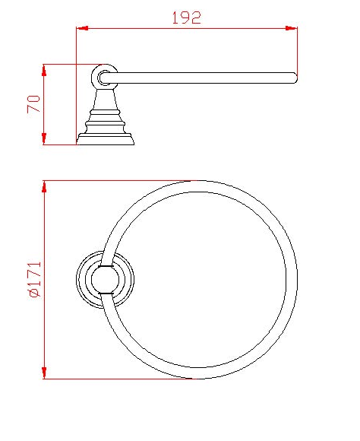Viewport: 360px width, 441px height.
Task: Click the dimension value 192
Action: point(187,17)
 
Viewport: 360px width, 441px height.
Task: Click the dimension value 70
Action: point(33,104)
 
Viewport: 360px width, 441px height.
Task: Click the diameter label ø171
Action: point(35,279)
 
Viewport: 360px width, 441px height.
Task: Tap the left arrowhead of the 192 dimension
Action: point(82,28)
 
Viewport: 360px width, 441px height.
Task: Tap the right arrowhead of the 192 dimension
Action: point(291,28)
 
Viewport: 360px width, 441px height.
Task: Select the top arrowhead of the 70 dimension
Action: point(44,70)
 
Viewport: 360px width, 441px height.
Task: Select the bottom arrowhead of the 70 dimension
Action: point(44,138)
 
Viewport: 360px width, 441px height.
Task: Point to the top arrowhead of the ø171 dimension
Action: point(44,187)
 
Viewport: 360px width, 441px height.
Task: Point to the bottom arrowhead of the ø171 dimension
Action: point(44,373)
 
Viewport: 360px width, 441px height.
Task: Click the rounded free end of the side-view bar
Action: point(294,78)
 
